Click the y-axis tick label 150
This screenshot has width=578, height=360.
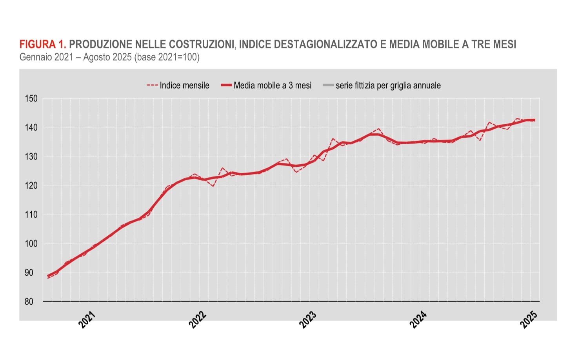[31, 98]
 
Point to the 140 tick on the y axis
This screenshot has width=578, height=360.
[31, 127]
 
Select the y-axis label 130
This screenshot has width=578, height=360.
[31, 156]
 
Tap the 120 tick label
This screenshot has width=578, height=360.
[31, 185]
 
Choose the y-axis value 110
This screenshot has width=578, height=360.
[31, 215]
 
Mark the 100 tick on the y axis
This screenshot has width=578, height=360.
[31, 244]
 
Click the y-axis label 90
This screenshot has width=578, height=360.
[29, 273]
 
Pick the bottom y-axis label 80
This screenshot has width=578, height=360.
[29, 302]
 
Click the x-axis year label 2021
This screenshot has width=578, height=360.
[87, 319]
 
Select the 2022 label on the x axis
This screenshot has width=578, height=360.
[198, 319]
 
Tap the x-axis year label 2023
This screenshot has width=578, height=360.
[308, 319]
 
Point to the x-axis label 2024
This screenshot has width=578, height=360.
[418, 319]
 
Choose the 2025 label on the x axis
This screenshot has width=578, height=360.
[529, 319]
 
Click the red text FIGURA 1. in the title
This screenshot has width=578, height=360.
[43, 44]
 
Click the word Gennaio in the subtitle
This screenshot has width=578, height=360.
[36, 57]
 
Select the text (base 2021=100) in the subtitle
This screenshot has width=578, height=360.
[167, 57]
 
